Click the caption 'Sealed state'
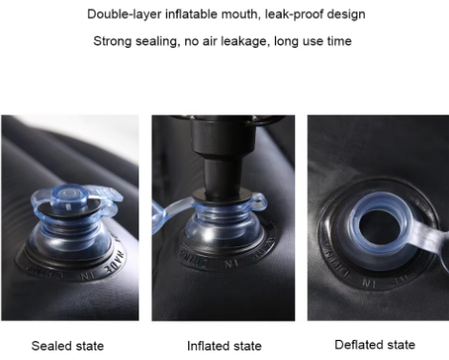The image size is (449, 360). (68, 345)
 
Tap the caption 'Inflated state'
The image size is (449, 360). (224, 346)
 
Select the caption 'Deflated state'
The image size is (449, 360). (374, 345)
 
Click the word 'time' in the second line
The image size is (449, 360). (342, 41)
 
